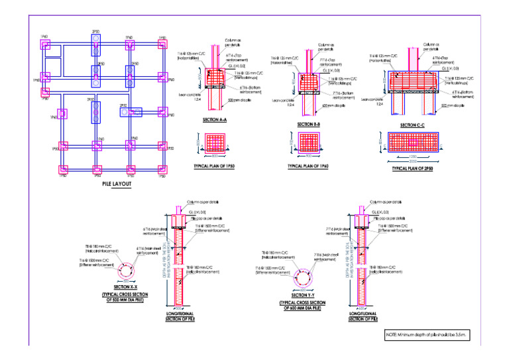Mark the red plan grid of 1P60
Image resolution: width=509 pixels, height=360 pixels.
point(307,143)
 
